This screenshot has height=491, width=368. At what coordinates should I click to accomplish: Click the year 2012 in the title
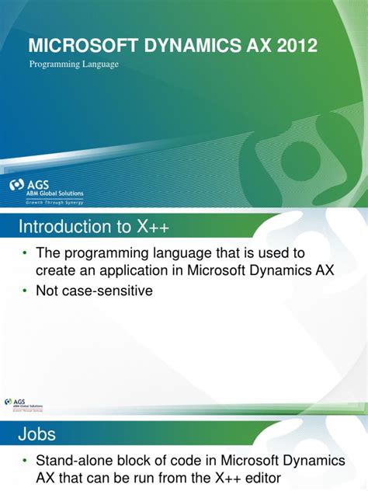pyautogui.click(x=294, y=47)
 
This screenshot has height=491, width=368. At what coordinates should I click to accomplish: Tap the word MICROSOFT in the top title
pyautogui.click(x=75, y=47)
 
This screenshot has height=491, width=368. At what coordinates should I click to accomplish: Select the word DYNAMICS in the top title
pyautogui.click(x=177, y=47)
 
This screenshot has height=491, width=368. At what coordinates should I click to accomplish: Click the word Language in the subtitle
pyautogui.click(x=99, y=64)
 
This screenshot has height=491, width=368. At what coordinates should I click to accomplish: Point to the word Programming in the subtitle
pyautogui.click(x=53, y=64)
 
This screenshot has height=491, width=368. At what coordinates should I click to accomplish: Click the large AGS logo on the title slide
pyautogui.click(x=19, y=186)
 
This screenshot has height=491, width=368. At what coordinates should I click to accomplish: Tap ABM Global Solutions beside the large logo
pyautogui.click(x=57, y=193)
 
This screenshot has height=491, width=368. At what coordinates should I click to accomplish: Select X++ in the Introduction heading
pyautogui.click(x=152, y=227)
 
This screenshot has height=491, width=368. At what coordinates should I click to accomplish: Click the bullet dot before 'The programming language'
pyautogui.click(x=24, y=255)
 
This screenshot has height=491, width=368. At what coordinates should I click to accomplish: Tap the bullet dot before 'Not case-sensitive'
pyautogui.click(x=24, y=291)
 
